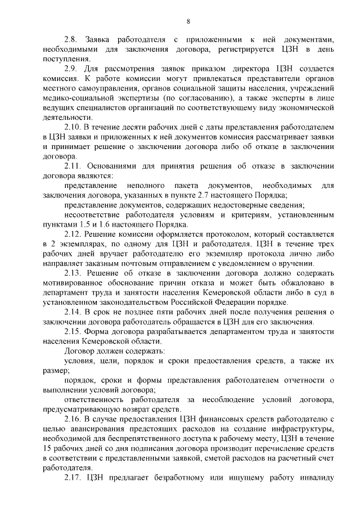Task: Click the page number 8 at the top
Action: (x=188, y=21)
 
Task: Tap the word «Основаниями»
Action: (x=113, y=166)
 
